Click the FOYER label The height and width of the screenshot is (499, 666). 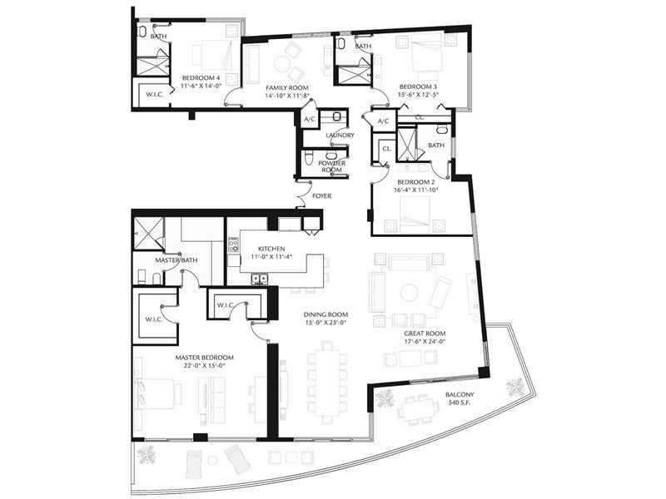coord(321,196)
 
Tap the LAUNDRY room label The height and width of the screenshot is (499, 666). coord(340,136)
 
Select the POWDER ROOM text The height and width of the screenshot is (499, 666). coord(331,166)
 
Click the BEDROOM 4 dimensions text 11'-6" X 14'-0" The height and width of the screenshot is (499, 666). coord(201,86)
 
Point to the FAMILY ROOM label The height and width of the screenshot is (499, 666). coord(287,88)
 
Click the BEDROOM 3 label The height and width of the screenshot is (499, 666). coord(418,86)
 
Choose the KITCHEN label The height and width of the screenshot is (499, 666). coord(271,249)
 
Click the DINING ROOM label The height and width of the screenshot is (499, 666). coord(326,314)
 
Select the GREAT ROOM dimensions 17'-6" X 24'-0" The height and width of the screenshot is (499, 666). coord(425,341)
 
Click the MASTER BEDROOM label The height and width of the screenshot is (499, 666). coord(204,358)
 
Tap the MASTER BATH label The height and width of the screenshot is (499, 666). coord(176,259)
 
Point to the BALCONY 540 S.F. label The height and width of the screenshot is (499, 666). coord(460,398)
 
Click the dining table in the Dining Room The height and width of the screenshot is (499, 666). coord(326,382)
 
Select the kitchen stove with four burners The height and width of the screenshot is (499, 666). coord(234,245)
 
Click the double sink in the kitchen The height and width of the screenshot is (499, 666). coord(260,279)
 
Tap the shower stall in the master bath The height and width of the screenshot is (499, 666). coord(149,234)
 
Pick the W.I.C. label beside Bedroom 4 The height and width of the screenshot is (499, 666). coord(155,94)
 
